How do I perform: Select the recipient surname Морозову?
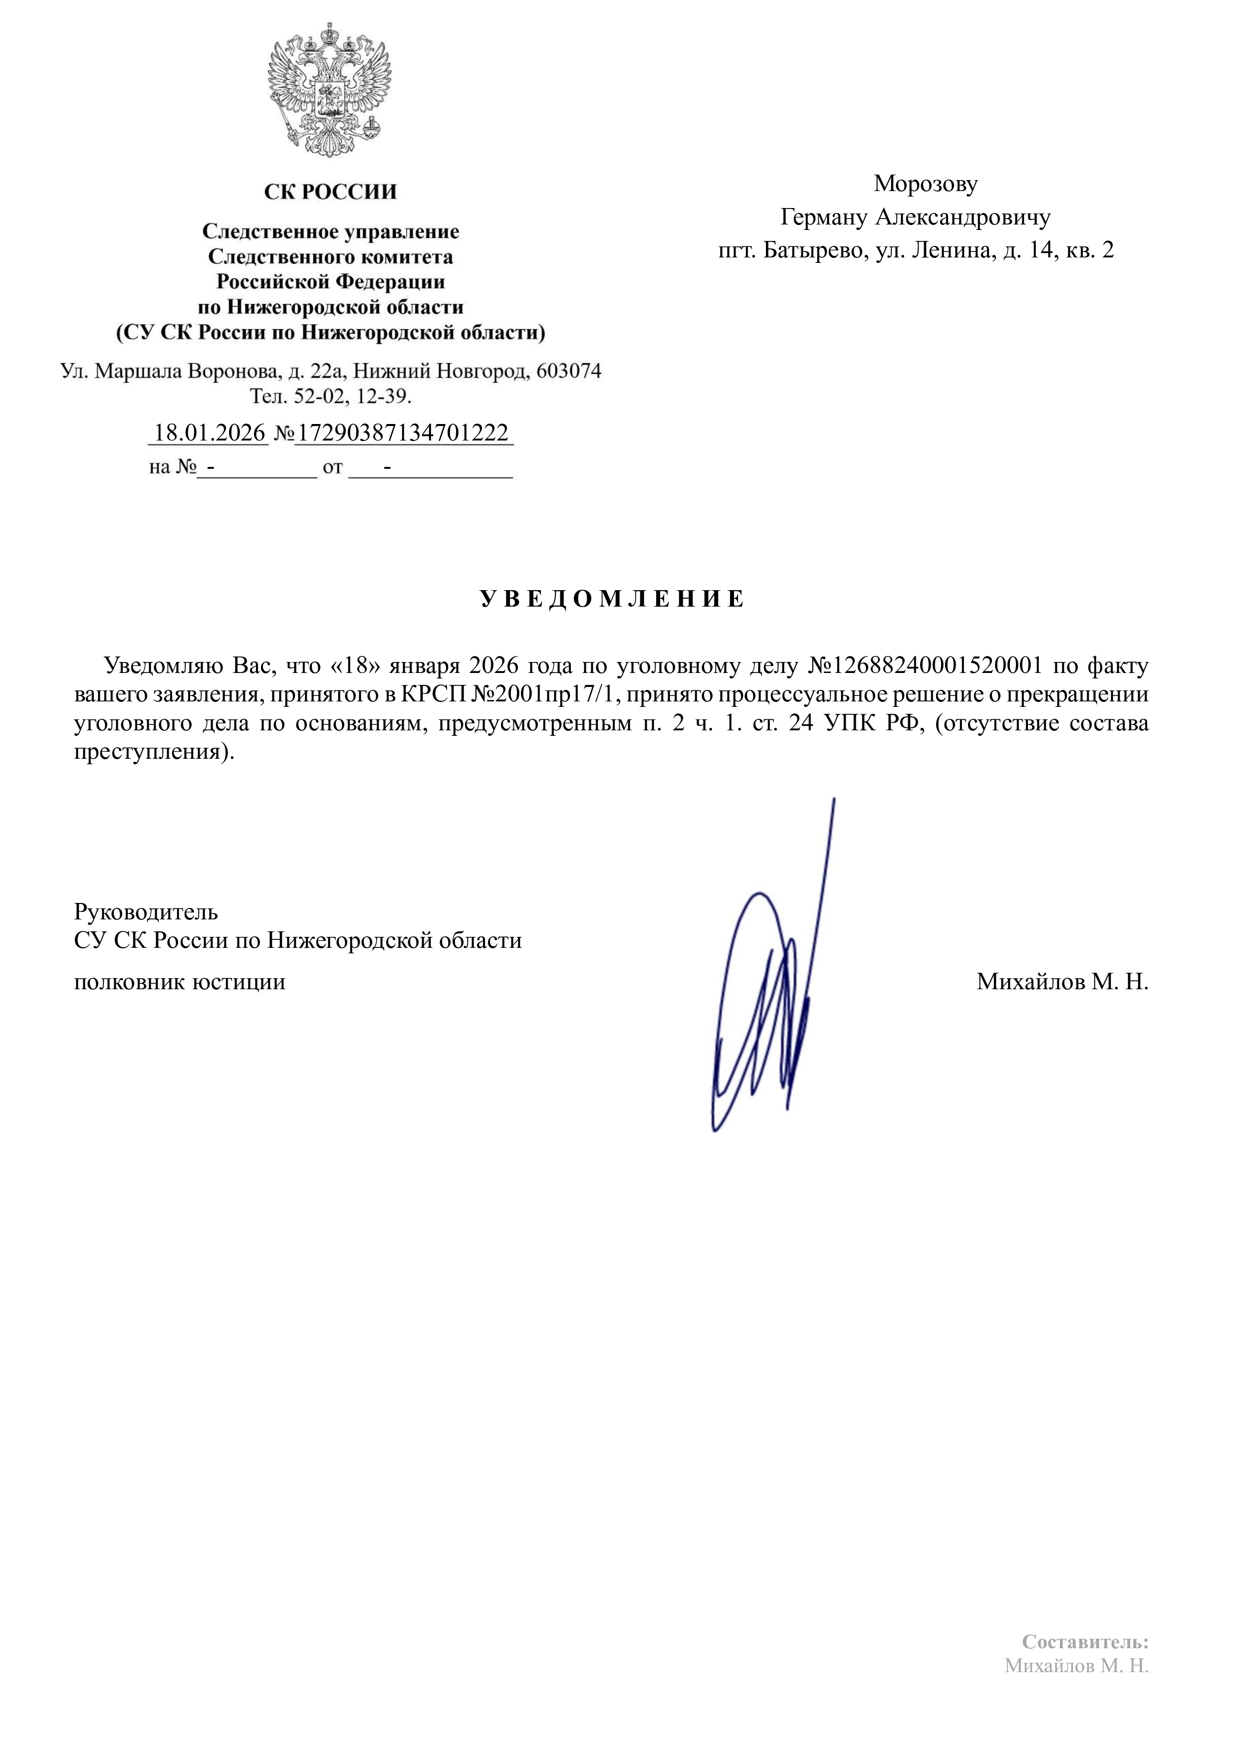pos(926,184)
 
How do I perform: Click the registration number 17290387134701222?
pos(403,433)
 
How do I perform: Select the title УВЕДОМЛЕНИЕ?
pos(612,599)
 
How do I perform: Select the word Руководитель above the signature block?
pos(146,911)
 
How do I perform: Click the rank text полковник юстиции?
pos(180,982)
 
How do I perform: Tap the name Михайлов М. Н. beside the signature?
pos(1062,982)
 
